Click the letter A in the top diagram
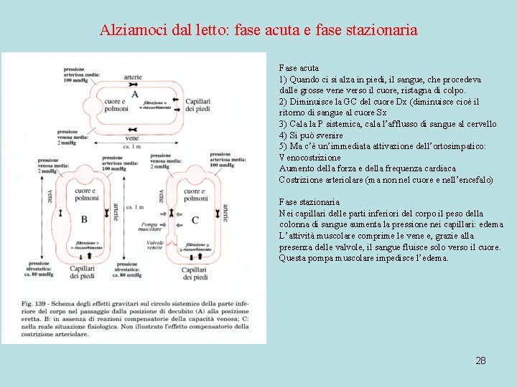point(134,94)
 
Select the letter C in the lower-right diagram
point(195,219)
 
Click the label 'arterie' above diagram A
point(133,77)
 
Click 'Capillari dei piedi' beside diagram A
point(197,105)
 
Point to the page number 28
point(480,360)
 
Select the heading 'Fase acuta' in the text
point(299,68)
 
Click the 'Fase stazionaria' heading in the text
point(309,202)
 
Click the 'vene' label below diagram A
point(132,137)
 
